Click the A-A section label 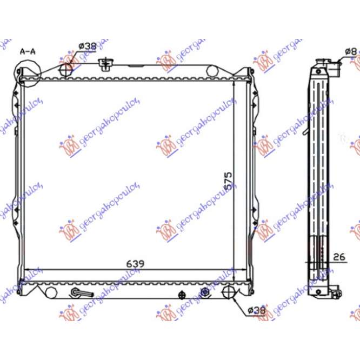click(x=28, y=51)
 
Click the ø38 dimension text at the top click(x=86, y=46)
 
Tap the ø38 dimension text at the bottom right click(x=256, y=310)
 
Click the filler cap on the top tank click(x=105, y=64)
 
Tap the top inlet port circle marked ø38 click(x=65, y=70)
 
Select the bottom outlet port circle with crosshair click(x=230, y=292)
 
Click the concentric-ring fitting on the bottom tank click(x=205, y=292)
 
